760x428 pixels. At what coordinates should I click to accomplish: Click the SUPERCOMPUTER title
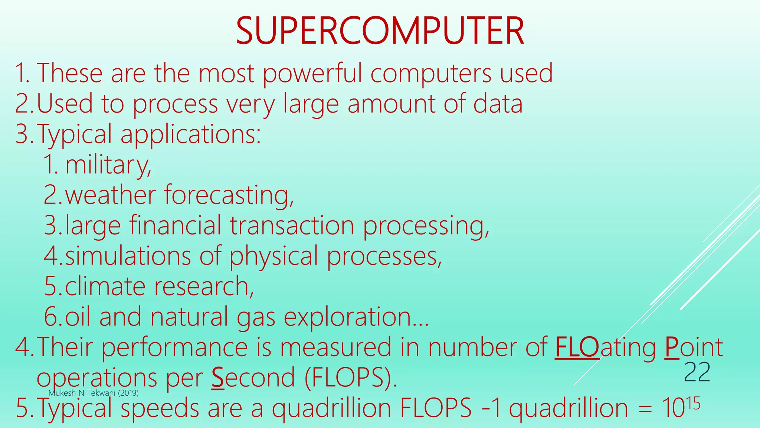(380, 31)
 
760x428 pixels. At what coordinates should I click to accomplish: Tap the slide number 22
(697, 372)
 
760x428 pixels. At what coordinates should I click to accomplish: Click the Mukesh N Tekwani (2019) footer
(94, 393)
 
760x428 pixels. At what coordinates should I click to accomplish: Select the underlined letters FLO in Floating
(577, 347)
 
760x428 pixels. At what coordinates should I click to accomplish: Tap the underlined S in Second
(218, 378)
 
